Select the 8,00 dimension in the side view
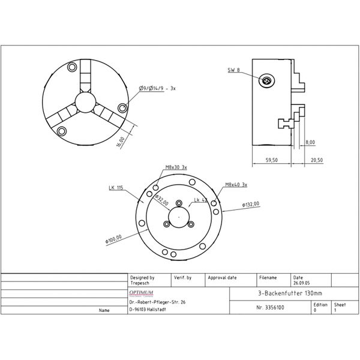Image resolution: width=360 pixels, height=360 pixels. [310, 142]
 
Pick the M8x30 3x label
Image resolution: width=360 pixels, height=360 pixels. [176, 167]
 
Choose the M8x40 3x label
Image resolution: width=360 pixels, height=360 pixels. [236, 185]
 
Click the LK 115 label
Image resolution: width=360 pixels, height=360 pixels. [116, 188]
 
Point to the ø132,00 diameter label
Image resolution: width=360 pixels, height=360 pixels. [251, 205]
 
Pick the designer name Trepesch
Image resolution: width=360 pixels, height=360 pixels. [141, 283]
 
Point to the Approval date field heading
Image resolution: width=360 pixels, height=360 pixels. [223, 278]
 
